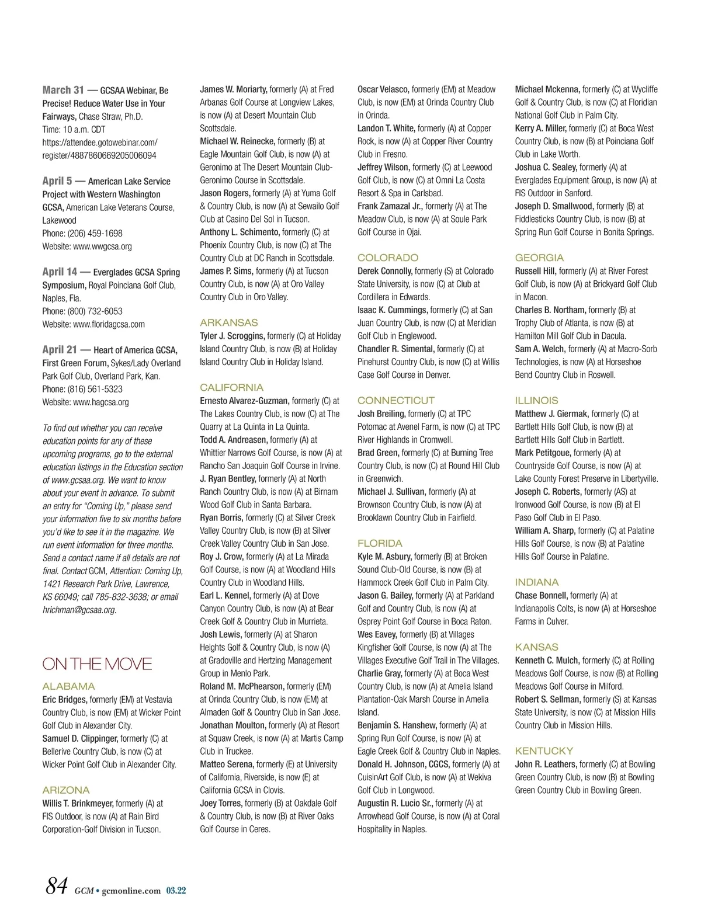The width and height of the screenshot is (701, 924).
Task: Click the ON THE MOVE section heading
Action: pyautogui.click(x=97, y=664)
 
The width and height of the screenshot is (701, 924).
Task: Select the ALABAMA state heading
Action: pyautogui.click(x=68, y=686)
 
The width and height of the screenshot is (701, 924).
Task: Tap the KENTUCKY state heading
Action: pyautogui.click(x=544, y=751)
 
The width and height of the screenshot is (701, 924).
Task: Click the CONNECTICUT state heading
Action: pyautogui.click(x=396, y=401)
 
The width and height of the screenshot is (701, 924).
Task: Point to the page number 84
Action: pyautogui.click(x=57, y=886)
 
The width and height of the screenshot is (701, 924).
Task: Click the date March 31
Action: pyautogui.click(x=63, y=90)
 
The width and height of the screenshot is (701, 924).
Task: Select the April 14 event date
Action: pyautogui.click(x=60, y=272)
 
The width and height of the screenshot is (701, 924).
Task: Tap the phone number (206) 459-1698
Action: pyautogui.click(x=95, y=234)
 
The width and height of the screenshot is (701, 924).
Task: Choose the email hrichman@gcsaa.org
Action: pyautogui.click(x=79, y=610)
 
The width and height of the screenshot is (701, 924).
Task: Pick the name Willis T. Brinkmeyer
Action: pyautogui.click(x=78, y=804)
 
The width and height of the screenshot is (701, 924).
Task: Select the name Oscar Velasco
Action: pyautogui.click(x=383, y=89)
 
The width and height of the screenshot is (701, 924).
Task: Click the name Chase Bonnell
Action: pyautogui.click(x=541, y=596)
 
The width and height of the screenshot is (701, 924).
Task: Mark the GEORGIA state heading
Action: pyautogui.click(x=539, y=258)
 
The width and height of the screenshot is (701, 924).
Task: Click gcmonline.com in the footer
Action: pyautogui.click(x=131, y=891)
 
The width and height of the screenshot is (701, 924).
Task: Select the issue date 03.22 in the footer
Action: pyautogui.click(x=176, y=891)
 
